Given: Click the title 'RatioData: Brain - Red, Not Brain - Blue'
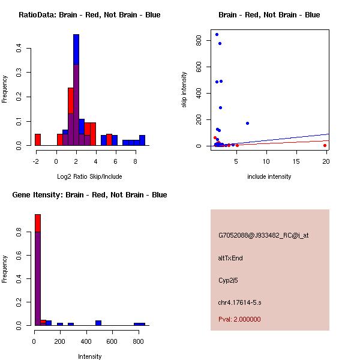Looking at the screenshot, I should [x=89, y=15].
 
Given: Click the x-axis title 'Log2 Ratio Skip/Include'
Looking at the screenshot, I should [x=89, y=176].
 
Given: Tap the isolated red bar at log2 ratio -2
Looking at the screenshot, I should [x=37, y=140].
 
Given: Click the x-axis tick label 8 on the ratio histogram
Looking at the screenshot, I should [x=136, y=161].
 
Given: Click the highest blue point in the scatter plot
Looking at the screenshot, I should [x=217, y=34].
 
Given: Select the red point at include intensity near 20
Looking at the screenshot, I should [x=325, y=145].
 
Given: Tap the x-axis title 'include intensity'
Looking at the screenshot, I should [x=269, y=176].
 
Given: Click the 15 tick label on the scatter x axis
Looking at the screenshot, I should [x=296, y=161].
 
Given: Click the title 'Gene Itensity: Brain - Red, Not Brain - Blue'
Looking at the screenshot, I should [x=88, y=195].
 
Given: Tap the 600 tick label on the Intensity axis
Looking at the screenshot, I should [x=112, y=341].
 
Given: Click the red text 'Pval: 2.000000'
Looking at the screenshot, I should [x=239, y=319].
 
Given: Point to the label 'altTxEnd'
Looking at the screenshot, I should [x=230, y=258].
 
